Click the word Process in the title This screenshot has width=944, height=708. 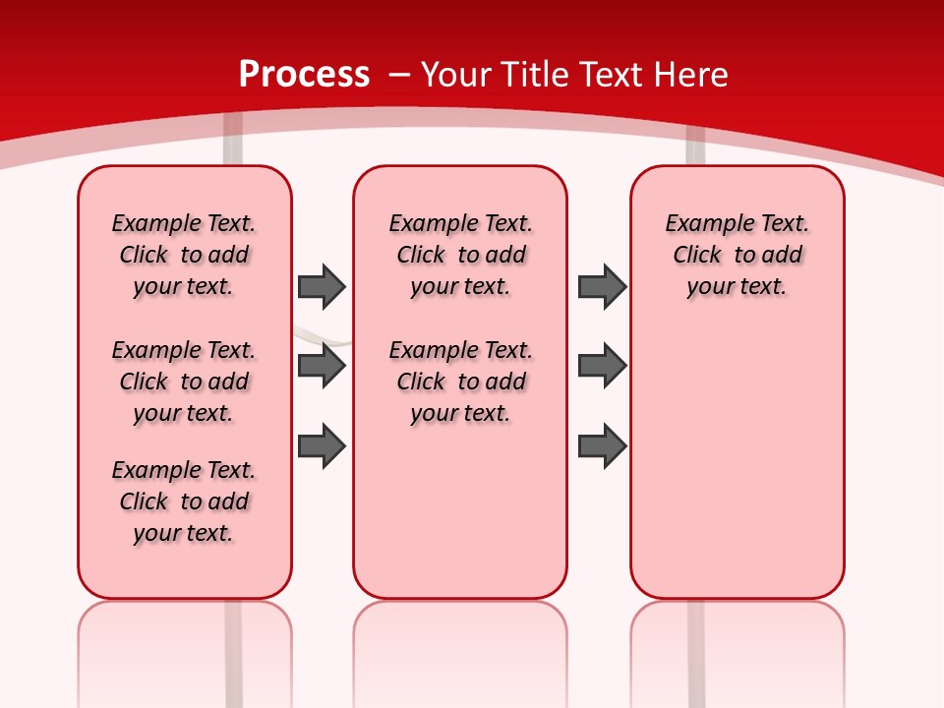(x=304, y=75)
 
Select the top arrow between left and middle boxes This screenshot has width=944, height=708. (x=322, y=286)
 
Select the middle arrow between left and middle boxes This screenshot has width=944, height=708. (x=322, y=367)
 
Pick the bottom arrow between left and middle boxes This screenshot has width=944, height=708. (x=322, y=445)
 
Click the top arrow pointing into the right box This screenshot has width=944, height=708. (x=602, y=286)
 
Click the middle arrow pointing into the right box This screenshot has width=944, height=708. (x=602, y=367)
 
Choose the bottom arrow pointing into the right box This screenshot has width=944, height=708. (x=602, y=445)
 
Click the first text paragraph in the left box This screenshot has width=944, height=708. (x=184, y=255)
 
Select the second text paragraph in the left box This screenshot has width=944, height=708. (x=184, y=382)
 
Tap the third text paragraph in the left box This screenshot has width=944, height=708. (x=184, y=501)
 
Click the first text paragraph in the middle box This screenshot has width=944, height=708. (x=460, y=255)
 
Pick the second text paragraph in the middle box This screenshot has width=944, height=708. (x=460, y=382)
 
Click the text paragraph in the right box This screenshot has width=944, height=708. (x=737, y=255)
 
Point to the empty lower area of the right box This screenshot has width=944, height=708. (x=737, y=462)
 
